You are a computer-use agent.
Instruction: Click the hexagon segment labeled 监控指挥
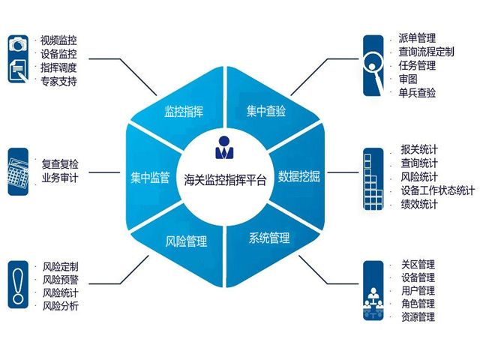[184, 112]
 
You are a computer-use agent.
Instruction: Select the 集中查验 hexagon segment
[266, 112]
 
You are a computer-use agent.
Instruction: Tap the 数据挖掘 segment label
[299, 177]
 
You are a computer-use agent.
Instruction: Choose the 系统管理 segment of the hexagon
[268, 238]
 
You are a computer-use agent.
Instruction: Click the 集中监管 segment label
[151, 177]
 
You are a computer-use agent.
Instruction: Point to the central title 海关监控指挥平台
[224, 179]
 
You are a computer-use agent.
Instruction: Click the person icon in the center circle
[224, 148]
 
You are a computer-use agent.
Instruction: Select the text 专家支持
[59, 81]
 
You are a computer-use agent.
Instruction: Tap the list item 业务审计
[60, 178]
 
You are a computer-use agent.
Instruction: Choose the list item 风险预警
[61, 279]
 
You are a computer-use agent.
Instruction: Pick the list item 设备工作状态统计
[437, 190]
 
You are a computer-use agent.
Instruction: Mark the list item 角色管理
[418, 304]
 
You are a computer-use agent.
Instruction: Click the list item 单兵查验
[418, 92]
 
